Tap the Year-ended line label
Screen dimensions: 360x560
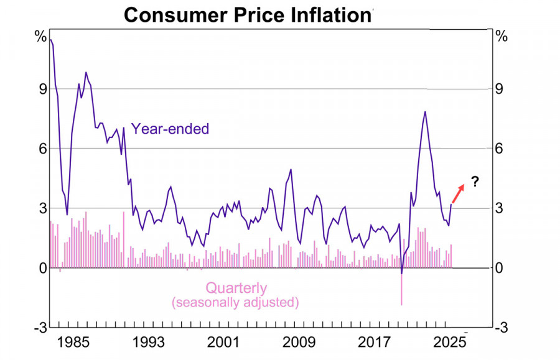click(170, 129)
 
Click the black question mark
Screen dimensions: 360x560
click(475, 182)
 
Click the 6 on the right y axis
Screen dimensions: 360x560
click(499, 148)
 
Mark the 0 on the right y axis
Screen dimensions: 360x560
click(499, 268)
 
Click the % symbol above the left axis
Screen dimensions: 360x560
click(40, 37)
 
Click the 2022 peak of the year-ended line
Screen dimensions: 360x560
click(425, 112)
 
